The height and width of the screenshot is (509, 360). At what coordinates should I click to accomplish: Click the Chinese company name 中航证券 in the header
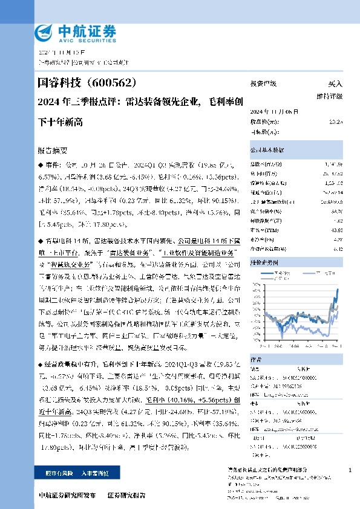coord(85,30)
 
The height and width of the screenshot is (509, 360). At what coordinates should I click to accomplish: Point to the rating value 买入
coord(335,83)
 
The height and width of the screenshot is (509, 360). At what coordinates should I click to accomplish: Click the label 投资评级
coord(264,83)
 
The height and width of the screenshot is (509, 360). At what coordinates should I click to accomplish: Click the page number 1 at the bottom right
coord(350,470)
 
